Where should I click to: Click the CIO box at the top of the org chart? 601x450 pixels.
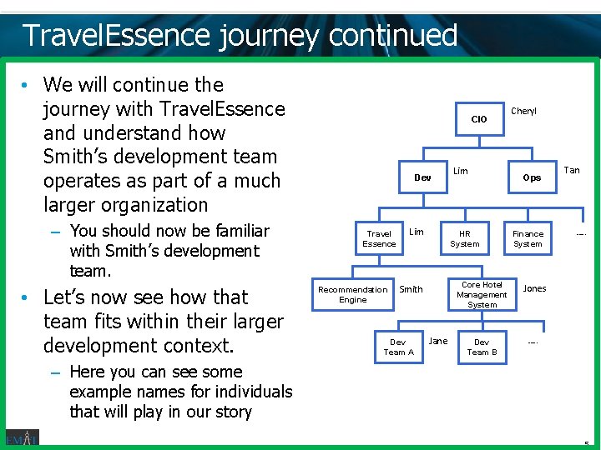click(479, 119)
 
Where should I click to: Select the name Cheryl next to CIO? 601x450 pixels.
click(523, 111)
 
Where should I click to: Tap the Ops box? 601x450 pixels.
click(532, 177)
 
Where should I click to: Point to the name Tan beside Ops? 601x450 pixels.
click(571, 170)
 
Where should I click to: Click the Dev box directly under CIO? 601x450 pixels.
click(422, 177)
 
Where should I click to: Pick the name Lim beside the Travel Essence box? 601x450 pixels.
click(416, 232)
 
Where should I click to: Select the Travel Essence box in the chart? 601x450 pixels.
click(379, 239)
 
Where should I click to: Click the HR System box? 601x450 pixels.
click(465, 239)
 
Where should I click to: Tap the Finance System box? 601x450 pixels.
click(528, 239)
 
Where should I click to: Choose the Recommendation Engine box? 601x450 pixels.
click(352, 294)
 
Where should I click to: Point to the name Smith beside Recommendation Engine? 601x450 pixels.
click(411, 289)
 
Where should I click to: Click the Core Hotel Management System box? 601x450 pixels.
click(482, 294)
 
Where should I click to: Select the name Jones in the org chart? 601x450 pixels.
click(534, 288)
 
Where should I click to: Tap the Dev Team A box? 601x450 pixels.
click(398, 347)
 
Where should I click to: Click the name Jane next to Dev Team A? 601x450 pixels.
click(437, 341)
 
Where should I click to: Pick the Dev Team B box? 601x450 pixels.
click(482, 347)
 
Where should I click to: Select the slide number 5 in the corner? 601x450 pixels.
click(587, 444)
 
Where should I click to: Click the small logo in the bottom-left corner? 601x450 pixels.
click(22, 438)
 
